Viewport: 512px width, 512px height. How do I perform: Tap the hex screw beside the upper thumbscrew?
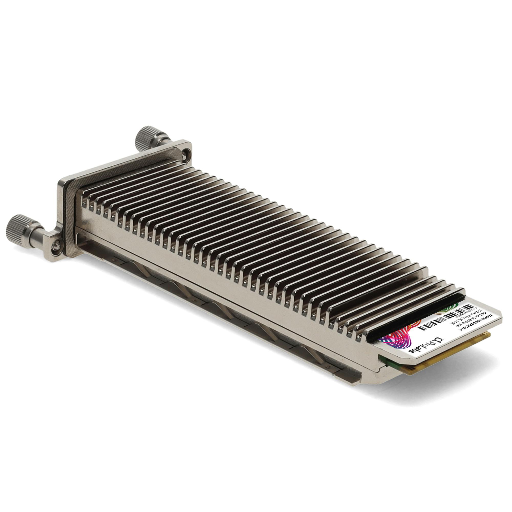188,151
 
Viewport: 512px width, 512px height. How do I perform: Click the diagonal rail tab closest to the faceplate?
138,268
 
